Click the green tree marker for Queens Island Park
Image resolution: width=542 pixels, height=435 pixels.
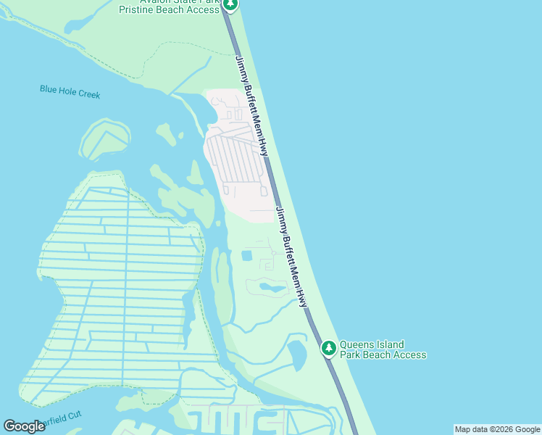pyautogui.click(x=329, y=349)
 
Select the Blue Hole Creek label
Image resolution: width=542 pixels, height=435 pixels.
pyautogui.click(x=70, y=92)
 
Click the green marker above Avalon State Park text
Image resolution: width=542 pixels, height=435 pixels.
pyautogui.click(x=230, y=4)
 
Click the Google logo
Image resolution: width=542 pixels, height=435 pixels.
pyautogui.click(x=24, y=426)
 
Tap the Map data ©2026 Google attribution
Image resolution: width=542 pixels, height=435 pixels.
pyautogui.click(x=497, y=429)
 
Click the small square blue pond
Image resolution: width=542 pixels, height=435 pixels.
pyautogui.click(x=246, y=256)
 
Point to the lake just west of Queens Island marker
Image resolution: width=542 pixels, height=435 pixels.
pyautogui.click(x=298, y=355)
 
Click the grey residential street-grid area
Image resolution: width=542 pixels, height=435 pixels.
pyautogui.click(x=236, y=156)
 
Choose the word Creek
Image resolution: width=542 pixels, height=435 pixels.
pyautogui.click(x=88, y=94)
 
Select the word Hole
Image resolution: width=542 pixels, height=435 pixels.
pyautogui.click(x=68, y=92)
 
